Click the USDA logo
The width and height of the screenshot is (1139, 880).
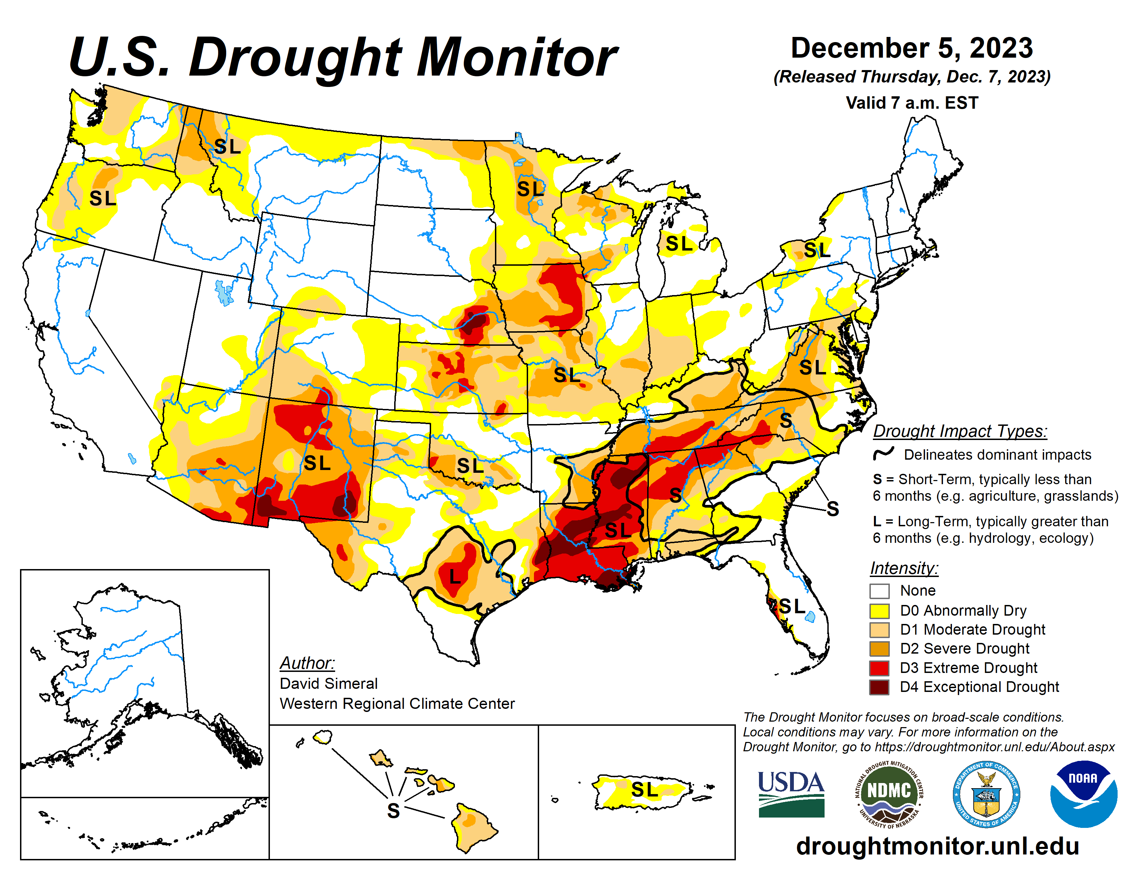click(791, 793)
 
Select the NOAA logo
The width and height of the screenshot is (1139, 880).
click(1083, 793)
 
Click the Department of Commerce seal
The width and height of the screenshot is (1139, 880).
click(986, 793)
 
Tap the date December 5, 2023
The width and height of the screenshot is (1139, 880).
click(912, 48)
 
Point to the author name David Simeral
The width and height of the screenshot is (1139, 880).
click(329, 683)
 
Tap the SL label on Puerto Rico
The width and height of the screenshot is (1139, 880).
click(645, 790)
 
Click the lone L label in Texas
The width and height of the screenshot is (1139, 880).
click(455, 577)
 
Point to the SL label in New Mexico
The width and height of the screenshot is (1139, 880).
click(317, 463)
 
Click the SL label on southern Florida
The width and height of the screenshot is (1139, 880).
click(792, 606)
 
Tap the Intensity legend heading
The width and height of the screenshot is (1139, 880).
click(904, 568)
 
